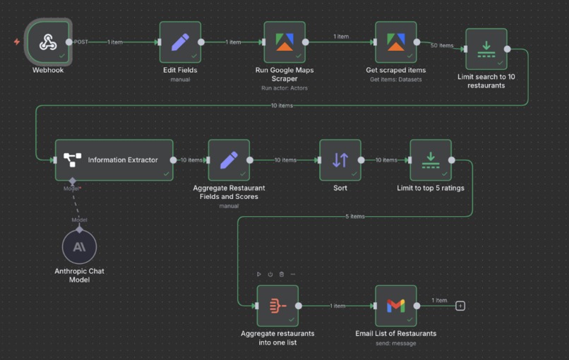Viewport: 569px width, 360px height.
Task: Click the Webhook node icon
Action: (x=48, y=42)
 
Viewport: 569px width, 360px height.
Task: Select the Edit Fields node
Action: (x=180, y=42)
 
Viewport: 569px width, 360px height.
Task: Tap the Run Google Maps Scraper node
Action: (x=284, y=42)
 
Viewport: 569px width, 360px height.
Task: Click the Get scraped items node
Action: (x=395, y=42)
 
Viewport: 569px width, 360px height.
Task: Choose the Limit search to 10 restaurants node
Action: (x=486, y=49)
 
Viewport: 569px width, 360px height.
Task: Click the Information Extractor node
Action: (x=114, y=160)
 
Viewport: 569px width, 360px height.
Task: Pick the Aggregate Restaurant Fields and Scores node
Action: (x=229, y=160)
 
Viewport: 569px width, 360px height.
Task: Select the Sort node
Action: (x=340, y=160)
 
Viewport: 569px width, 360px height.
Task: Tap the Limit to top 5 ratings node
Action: (x=431, y=160)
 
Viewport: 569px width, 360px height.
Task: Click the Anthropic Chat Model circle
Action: (x=80, y=247)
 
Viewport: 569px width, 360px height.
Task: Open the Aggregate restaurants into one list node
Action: (x=277, y=306)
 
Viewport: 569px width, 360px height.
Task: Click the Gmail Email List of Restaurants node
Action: (x=395, y=306)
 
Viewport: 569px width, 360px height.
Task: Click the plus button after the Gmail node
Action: (x=460, y=306)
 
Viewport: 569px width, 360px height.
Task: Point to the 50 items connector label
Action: (x=442, y=46)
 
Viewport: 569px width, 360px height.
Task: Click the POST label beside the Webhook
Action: (x=81, y=42)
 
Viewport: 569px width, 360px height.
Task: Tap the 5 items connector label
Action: (x=355, y=217)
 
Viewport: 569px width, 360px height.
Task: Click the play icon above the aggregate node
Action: (x=259, y=275)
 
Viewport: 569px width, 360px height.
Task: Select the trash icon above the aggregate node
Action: (x=282, y=275)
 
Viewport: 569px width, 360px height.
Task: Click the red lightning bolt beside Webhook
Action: (x=17, y=42)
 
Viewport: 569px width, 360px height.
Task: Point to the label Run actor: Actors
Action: (x=284, y=88)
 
